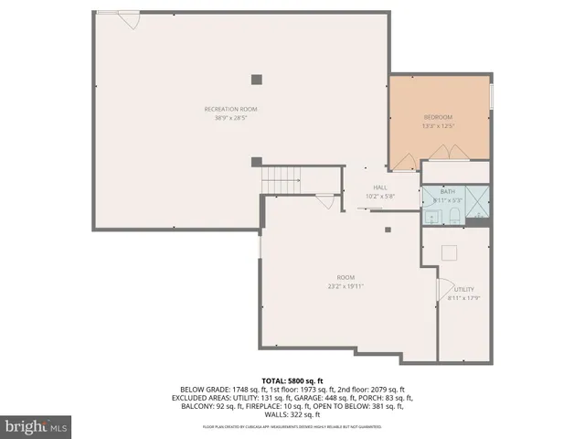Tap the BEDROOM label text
438,118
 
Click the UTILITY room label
464,289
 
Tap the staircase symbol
281,179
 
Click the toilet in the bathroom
453,216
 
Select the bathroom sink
431,217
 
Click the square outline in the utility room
450,253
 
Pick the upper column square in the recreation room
257,79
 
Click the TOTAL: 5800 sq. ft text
292,380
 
